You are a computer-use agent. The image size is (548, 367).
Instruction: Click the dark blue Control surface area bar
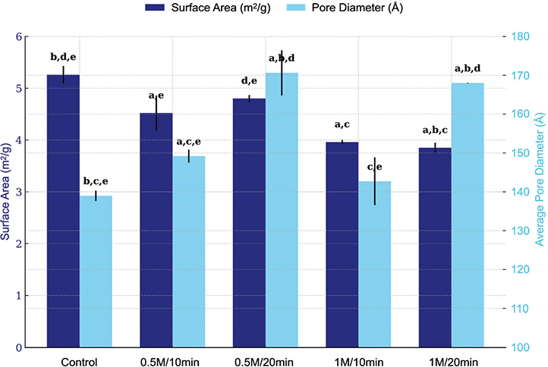(x=63, y=211)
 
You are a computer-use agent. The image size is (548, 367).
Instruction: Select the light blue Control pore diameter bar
(x=96, y=271)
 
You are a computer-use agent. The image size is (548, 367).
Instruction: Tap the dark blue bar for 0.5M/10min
(x=156, y=230)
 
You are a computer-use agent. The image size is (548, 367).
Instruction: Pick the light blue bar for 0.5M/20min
(x=282, y=210)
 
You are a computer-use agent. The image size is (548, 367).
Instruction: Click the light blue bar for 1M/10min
(x=375, y=264)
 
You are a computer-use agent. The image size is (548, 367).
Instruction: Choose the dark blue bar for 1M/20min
(x=435, y=247)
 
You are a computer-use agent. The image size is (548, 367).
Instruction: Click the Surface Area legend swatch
(x=155, y=8)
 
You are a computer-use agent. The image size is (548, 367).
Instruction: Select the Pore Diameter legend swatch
(x=296, y=8)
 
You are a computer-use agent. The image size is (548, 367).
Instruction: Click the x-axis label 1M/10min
(x=358, y=362)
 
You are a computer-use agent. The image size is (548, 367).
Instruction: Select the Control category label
(x=80, y=362)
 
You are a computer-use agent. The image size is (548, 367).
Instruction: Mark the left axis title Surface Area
(x=6, y=191)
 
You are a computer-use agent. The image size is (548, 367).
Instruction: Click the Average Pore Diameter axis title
(x=540, y=179)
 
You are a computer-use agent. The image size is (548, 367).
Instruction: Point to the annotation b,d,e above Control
(x=63, y=58)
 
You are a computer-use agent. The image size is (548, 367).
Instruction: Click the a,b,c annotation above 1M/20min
(x=435, y=130)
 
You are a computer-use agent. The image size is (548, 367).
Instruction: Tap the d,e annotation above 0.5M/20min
(x=249, y=81)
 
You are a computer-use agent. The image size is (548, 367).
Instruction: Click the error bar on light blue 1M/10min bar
(x=375, y=181)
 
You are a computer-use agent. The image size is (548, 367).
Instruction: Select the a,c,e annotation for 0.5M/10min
(x=189, y=142)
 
